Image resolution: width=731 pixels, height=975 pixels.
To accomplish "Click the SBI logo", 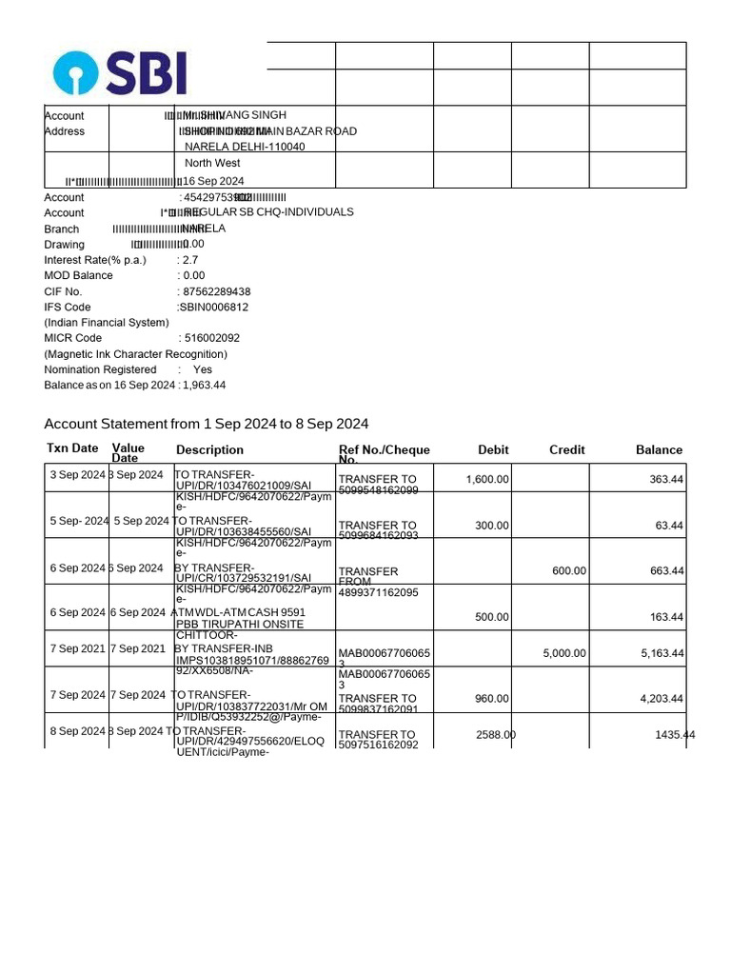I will (120, 72).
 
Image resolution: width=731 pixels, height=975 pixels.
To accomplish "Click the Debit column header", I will (493, 449).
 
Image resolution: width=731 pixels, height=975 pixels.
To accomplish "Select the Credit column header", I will (566, 449).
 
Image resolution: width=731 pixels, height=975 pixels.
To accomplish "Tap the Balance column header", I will (659, 449).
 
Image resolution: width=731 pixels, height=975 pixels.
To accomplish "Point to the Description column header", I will (209, 449).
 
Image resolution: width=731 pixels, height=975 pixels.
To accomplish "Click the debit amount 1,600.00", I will (487, 479).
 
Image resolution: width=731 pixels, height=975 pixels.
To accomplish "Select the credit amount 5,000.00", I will (564, 653).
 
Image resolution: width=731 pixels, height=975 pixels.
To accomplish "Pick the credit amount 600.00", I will (569, 571).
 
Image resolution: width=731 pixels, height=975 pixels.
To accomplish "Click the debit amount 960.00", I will (492, 698).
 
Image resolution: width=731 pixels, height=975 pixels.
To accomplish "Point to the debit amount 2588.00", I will (496, 734).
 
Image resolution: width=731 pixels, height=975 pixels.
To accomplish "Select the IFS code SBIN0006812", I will (213, 308).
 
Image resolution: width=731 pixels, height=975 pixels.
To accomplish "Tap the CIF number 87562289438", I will (215, 291).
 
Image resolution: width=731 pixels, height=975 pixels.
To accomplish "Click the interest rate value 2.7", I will (190, 260).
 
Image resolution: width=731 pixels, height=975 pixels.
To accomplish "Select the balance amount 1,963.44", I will (204, 386).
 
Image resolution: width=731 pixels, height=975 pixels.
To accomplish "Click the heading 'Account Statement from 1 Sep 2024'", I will (207, 424).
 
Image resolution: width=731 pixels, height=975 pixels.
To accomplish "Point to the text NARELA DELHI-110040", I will (245, 147).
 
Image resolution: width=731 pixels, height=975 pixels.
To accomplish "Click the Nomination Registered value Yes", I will (203, 369).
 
